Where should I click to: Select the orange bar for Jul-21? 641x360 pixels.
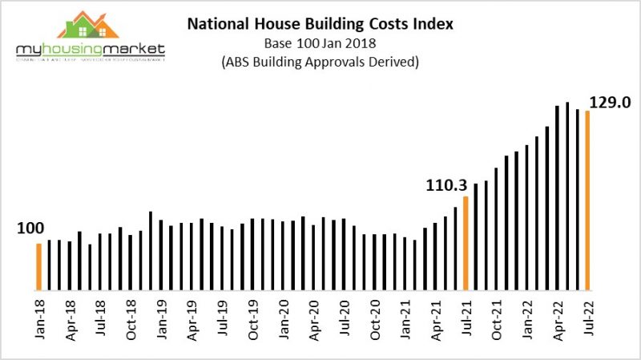(x=465, y=242)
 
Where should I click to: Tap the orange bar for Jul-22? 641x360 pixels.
(x=587, y=200)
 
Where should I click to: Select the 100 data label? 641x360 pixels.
(x=30, y=229)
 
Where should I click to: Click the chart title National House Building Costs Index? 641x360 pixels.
(x=320, y=24)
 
